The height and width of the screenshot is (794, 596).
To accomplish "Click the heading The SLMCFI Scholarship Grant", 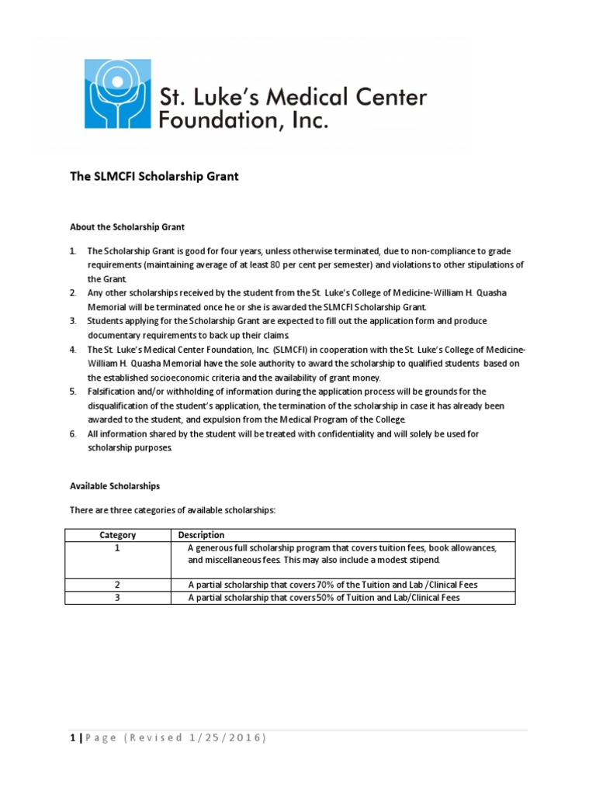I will [154, 177].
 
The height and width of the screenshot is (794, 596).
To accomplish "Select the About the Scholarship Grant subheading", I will [127, 227].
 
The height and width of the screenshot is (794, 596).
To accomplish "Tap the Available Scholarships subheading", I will [115, 486].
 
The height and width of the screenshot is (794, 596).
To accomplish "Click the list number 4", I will [72, 350].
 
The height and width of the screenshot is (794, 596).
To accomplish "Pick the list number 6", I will [72, 434].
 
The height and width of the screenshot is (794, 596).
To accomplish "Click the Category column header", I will [118, 535].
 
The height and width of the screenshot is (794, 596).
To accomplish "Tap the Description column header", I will [201, 535].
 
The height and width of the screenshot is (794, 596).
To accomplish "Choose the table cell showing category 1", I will [118, 548].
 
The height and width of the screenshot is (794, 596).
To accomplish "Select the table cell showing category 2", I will [118, 585].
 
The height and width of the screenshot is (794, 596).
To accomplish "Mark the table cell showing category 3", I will [118, 598].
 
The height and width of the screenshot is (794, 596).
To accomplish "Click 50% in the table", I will [327, 598].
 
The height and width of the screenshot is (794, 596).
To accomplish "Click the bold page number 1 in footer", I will [72, 737].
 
